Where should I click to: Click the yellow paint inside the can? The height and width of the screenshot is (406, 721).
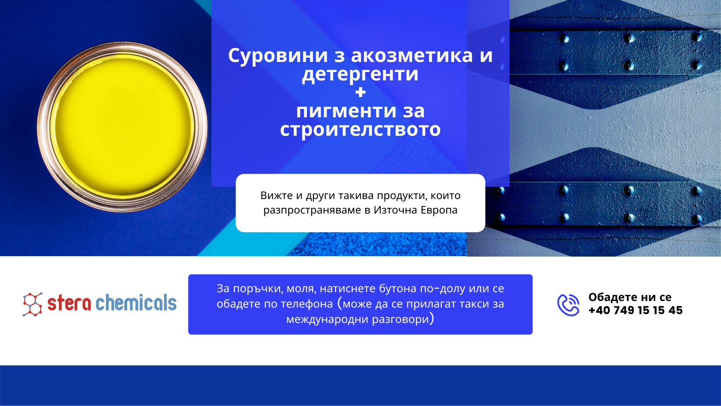pyautogui.click(x=122, y=126)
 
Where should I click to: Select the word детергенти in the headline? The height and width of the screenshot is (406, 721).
pyautogui.click(x=360, y=74)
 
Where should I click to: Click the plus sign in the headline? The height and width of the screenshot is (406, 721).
pyautogui.click(x=360, y=93)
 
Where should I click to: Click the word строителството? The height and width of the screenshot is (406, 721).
pyautogui.click(x=360, y=130)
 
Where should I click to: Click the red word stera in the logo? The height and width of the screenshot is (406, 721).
pyautogui.click(x=69, y=303)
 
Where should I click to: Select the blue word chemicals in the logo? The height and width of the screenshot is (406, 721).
pyautogui.click(x=136, y=302)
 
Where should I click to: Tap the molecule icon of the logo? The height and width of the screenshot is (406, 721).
pyautogui.click(x=33, y=304)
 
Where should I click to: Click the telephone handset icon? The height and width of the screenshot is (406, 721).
pyautogui.click(x=568, y=305)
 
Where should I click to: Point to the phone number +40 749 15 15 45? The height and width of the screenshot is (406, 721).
pyautogui.click(x=635, y=311)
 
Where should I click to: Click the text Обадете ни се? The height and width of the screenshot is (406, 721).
pyautogui.click(x=630, y=297)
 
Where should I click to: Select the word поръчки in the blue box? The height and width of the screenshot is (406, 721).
pyautogui.click(x=257, y=289)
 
